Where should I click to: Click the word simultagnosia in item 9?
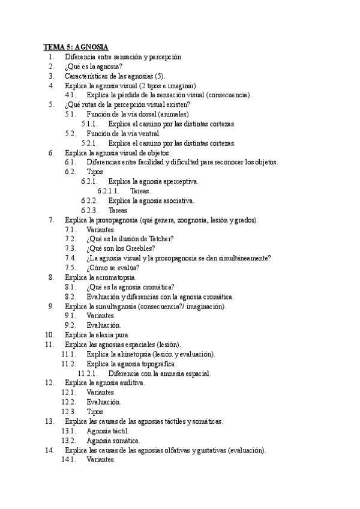pyautogui.click(x=112, y=306)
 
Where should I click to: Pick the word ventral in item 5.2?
pyautogui.click(x=148, y=133)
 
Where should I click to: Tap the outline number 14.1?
pyautogui.click(x=70, y=460)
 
